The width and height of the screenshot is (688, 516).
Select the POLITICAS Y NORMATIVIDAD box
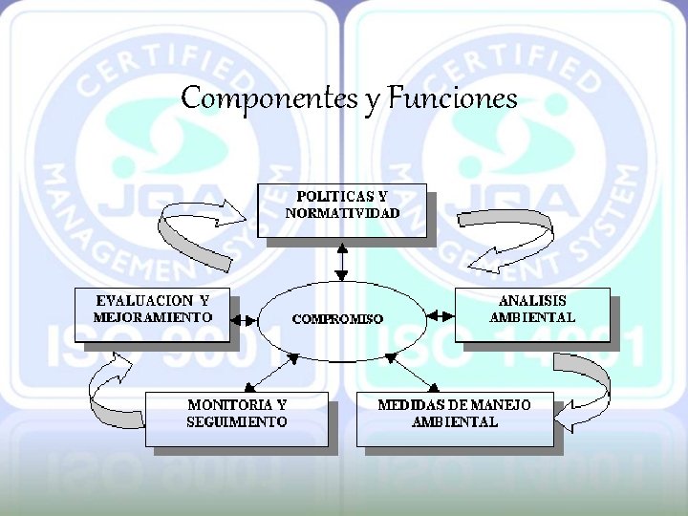pos(341,210)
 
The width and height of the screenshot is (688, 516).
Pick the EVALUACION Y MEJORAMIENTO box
pos(153,313)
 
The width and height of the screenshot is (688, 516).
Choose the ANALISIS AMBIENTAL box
pos(531,313)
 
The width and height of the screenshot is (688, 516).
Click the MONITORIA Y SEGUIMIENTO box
pos(236,418)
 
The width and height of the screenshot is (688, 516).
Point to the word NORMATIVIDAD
pos(341,213)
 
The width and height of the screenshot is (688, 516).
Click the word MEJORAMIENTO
pos(153,316)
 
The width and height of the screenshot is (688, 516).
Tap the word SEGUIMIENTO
pos(236,421)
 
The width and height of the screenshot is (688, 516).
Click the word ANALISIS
pos(532,302)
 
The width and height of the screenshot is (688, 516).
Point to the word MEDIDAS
pos(409,405)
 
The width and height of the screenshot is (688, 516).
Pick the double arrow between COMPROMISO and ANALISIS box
pos(439,314)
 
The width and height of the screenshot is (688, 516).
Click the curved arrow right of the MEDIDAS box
pos(587,392)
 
